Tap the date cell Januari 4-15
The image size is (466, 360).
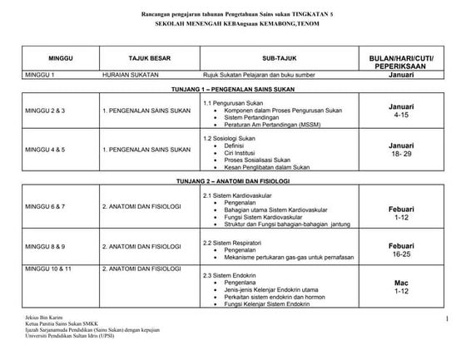(x=401, y=111)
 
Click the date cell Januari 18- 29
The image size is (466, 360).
(x=401, y=150)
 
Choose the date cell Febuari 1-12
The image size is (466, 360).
(x=401, y=213)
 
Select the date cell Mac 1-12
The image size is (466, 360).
(x=401, y=288)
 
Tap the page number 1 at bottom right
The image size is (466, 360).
(x=446, y=319)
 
